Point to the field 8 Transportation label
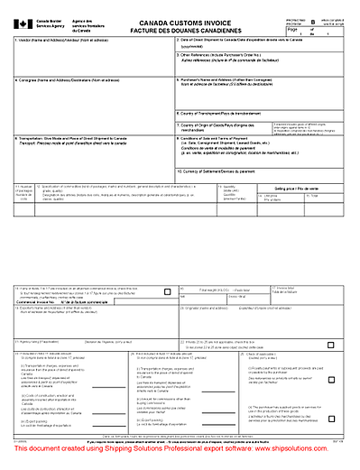tap(72, 137)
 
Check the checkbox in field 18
tap(169, 316)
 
